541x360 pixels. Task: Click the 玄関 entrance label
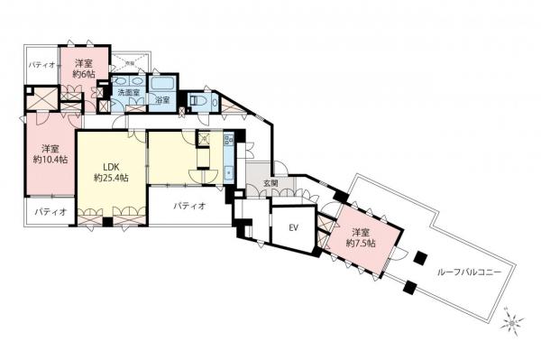pos(270,184)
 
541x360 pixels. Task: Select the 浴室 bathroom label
pos(164,100)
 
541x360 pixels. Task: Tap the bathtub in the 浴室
pos(164,88)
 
